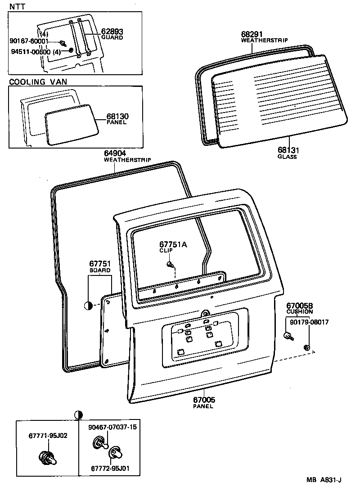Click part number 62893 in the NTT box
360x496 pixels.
click(x=112, y=32)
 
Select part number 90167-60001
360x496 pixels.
click(x=29, y=41)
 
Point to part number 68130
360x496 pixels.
click(x=117, y=117)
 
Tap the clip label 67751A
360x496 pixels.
click(x=172, y=244)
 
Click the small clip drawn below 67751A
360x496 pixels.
click(x=170, y=264)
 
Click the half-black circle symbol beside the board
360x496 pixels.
click(x=88, y=306)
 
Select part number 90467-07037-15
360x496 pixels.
click(x=112, y=427)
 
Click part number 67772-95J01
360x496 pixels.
click(x=110, y=468)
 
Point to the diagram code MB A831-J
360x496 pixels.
click(x=324, y=480)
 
